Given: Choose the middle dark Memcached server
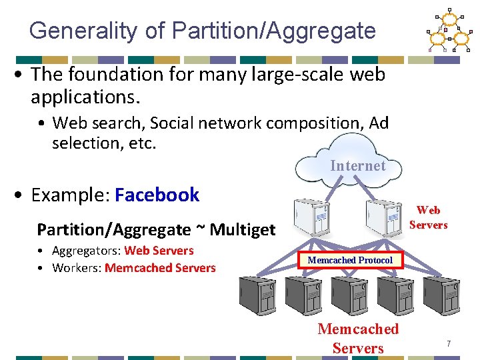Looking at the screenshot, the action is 350,297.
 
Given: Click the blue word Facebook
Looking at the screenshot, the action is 157,195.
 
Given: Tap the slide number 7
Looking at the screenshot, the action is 449,344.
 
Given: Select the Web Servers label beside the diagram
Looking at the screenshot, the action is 428,217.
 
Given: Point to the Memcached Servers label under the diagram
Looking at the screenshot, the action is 358,338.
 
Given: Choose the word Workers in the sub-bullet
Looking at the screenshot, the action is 75,268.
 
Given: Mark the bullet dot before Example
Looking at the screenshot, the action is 21,196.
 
